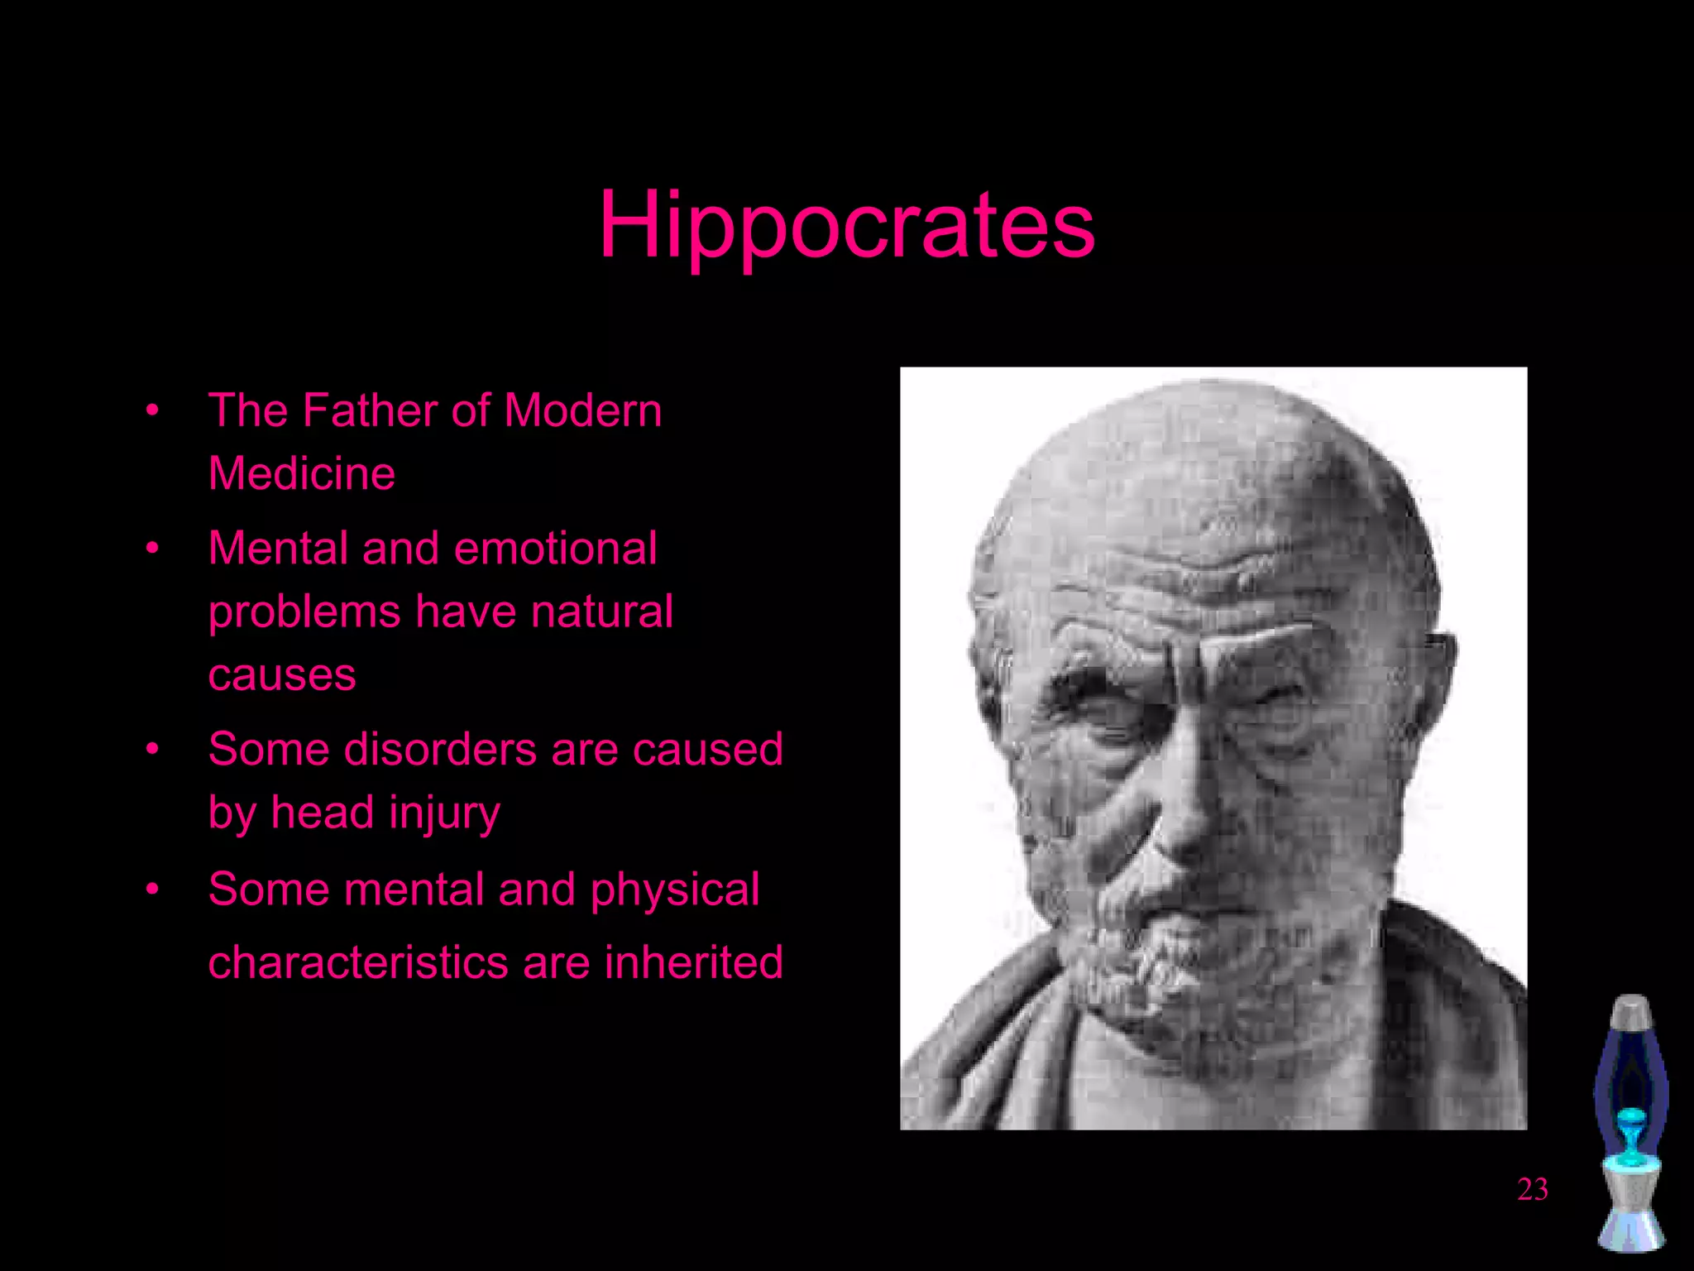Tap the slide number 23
coord(1532,1189)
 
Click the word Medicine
coord(301,473)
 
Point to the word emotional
coord(555,548)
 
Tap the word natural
coord(601,612)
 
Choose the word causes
coord(281,674)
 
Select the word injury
coord(444,813)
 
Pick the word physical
coord(674,889)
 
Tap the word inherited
coord(693,962)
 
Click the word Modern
coord(582,410)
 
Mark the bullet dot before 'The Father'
coord(152,410)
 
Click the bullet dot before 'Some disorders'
coord(152,749)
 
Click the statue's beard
coord(1158,952)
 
